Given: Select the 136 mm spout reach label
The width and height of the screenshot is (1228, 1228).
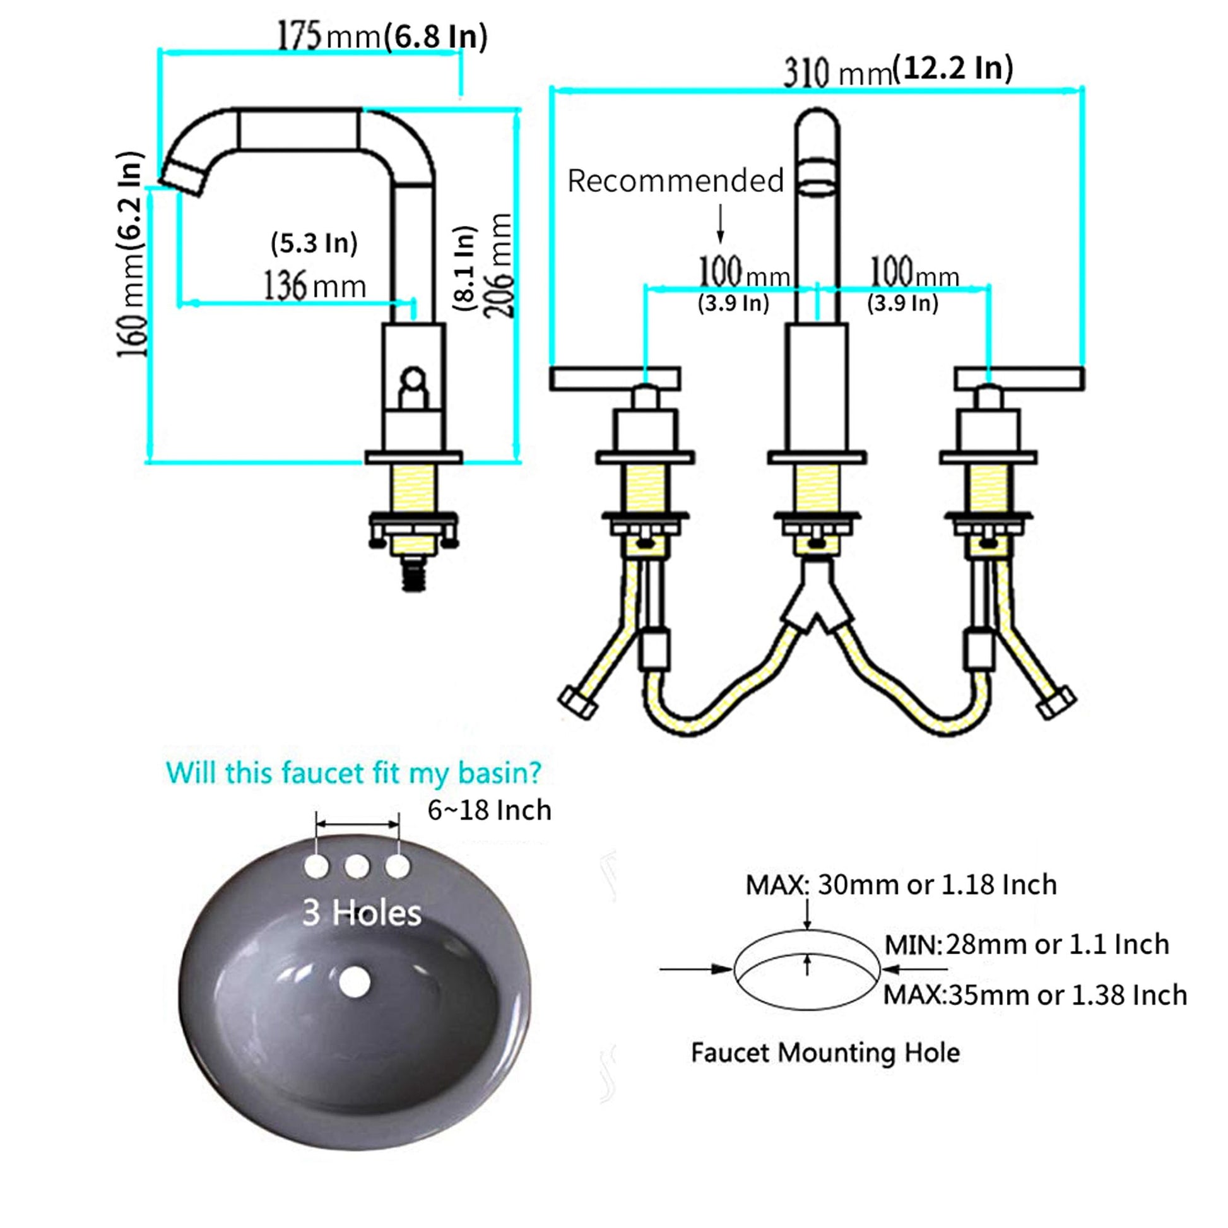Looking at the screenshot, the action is [x=316, y=286].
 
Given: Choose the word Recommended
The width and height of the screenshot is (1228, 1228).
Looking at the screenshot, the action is [x=676, y=180].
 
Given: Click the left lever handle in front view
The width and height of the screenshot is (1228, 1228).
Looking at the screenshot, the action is [x=615, y=378].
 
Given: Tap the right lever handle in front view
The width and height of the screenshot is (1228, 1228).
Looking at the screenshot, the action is [x=1020, y=378].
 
